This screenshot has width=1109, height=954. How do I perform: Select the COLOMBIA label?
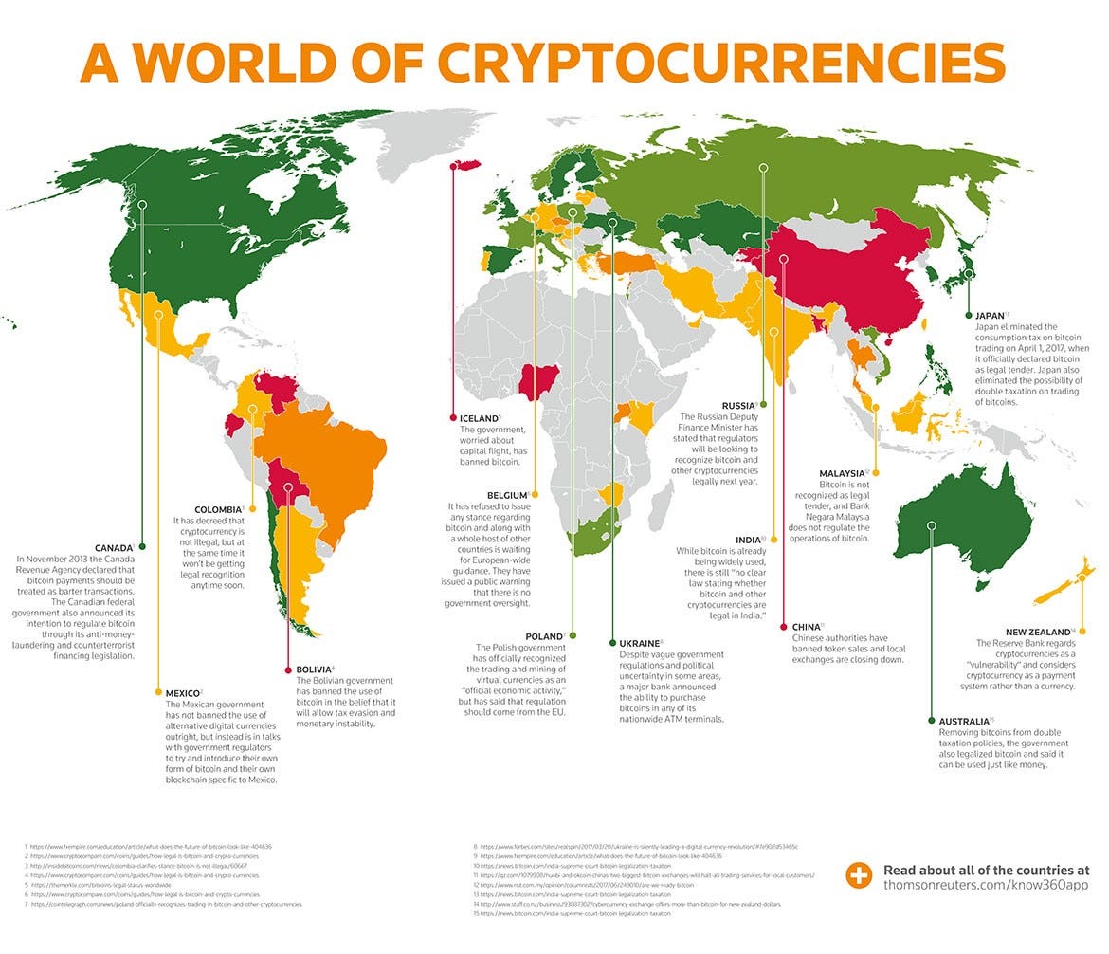coord(218,509)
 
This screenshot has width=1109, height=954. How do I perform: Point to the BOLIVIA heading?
coord(313,670)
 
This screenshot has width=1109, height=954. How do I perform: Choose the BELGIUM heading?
coord(506,495)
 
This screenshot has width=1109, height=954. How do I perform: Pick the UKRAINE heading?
coord(641,643)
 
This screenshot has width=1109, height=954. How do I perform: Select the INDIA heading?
coord(748,540)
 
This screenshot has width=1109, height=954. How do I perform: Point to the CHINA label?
coord(806,627)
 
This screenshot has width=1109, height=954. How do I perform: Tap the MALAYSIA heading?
coord(841,473)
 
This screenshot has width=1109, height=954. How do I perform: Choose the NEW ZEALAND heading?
coord(1038,632)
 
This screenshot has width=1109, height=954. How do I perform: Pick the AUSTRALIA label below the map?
coord(964,721)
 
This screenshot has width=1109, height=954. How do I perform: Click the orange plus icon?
coord(859,876)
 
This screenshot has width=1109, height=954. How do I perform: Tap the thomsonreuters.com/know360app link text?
coord(986,885)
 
